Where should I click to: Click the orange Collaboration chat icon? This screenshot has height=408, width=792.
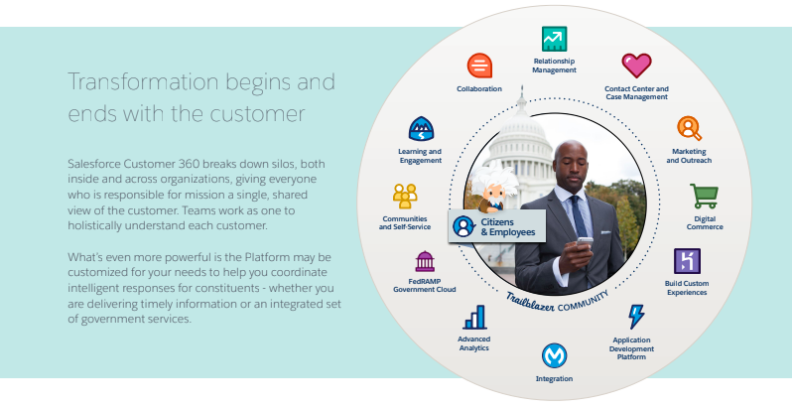[479, 66]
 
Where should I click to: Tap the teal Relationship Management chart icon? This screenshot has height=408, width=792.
[554, 38]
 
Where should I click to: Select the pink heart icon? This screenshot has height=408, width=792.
[635, 66]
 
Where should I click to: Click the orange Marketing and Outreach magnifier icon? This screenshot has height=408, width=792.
[689, 128]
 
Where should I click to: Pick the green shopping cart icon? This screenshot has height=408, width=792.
[704, 196]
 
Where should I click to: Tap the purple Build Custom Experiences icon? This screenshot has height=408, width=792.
[687, 261]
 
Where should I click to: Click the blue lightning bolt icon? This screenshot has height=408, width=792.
[635, 317]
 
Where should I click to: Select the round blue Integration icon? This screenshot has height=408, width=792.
[554, 354]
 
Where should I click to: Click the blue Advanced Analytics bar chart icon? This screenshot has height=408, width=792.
[474, 317]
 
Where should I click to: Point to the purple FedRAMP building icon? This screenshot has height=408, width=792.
[425, 261]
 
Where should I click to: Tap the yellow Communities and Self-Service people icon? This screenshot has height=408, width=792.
[404, 195]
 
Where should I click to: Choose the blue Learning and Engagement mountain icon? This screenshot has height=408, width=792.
[421, 128]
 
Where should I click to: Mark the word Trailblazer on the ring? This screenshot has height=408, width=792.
[530, 298]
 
